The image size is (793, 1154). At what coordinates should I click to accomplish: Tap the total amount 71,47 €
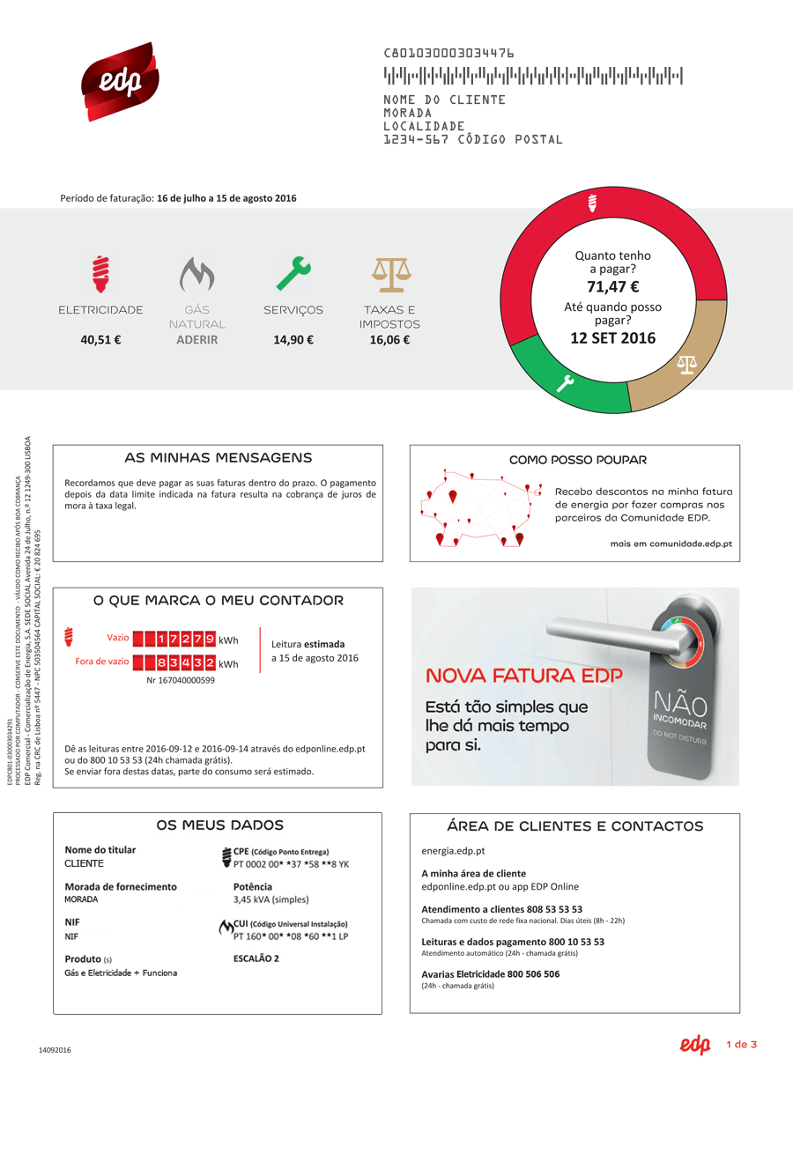pyautogui.click(x=612, y=286)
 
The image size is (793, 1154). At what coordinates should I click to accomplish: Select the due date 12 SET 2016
pyautogui.click(x=612, y=337)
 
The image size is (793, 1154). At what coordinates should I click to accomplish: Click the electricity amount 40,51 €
pyautogui.click(x=100, y=339)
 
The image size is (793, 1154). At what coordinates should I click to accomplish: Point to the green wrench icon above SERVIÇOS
pyautogui.click(x=293, y=274)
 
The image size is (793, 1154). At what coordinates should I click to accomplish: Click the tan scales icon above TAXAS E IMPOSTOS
pyautogui.click(x=389, y=275)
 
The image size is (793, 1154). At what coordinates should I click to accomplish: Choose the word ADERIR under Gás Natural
pyautogui.click(x=196, y=339)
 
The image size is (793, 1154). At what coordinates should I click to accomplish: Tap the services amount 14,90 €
pyautogui.click(x=293, y=339)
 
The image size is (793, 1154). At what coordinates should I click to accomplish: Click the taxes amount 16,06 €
pyautogui.click(x=389, y=339)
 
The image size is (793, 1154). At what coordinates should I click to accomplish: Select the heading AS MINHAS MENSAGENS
pyautogui.click(x=219, y=458)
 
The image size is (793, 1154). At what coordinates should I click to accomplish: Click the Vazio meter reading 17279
pyautogui.click(x=181, y=638)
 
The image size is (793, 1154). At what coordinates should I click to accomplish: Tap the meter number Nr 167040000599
pyautogui.click(x=181, y=680)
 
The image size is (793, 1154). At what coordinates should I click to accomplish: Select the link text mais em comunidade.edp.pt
pyautogui.click(x=671, y=544)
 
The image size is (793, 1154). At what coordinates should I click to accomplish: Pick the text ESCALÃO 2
pyautogui.click(x=256, y=958)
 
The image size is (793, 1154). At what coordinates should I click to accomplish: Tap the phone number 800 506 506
pyautogui.click(x=533, y=974)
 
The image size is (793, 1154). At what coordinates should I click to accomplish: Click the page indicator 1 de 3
pyautogui.click(x=742, y=1045)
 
